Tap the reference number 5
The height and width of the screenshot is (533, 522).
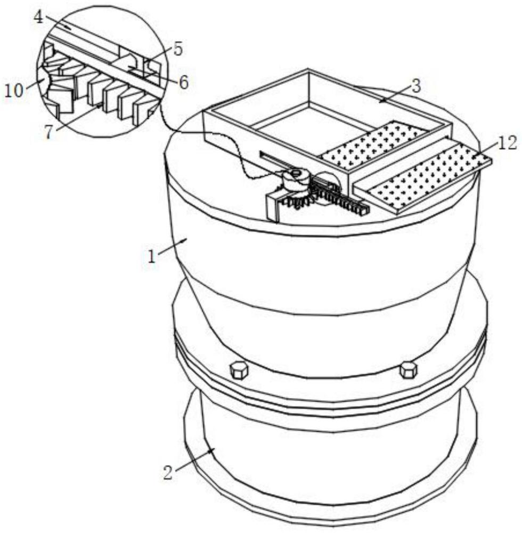point(178,49)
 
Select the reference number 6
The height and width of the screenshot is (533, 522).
point(183,82)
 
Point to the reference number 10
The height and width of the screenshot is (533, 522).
point(14,91)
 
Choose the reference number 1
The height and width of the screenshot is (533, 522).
point(152,257)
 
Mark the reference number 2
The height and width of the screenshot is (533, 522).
point(168,472)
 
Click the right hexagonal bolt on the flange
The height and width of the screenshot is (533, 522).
point(408,370)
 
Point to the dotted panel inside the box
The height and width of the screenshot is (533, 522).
point(373,145)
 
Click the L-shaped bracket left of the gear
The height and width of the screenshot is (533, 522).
point(274,205)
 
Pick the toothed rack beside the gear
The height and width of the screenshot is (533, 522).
point(340,198)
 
